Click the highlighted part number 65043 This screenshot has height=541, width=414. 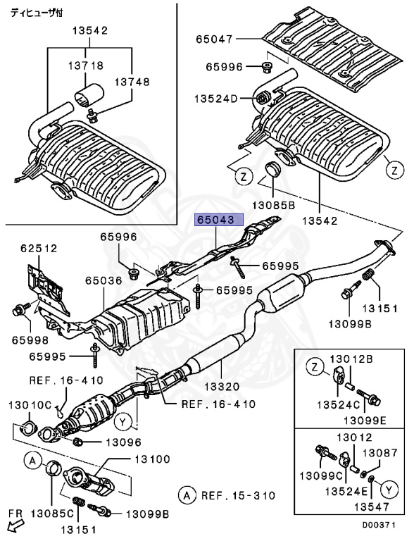pos(219,220)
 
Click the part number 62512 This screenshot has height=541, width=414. pos(39,248)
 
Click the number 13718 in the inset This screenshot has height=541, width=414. pos(87,65)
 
